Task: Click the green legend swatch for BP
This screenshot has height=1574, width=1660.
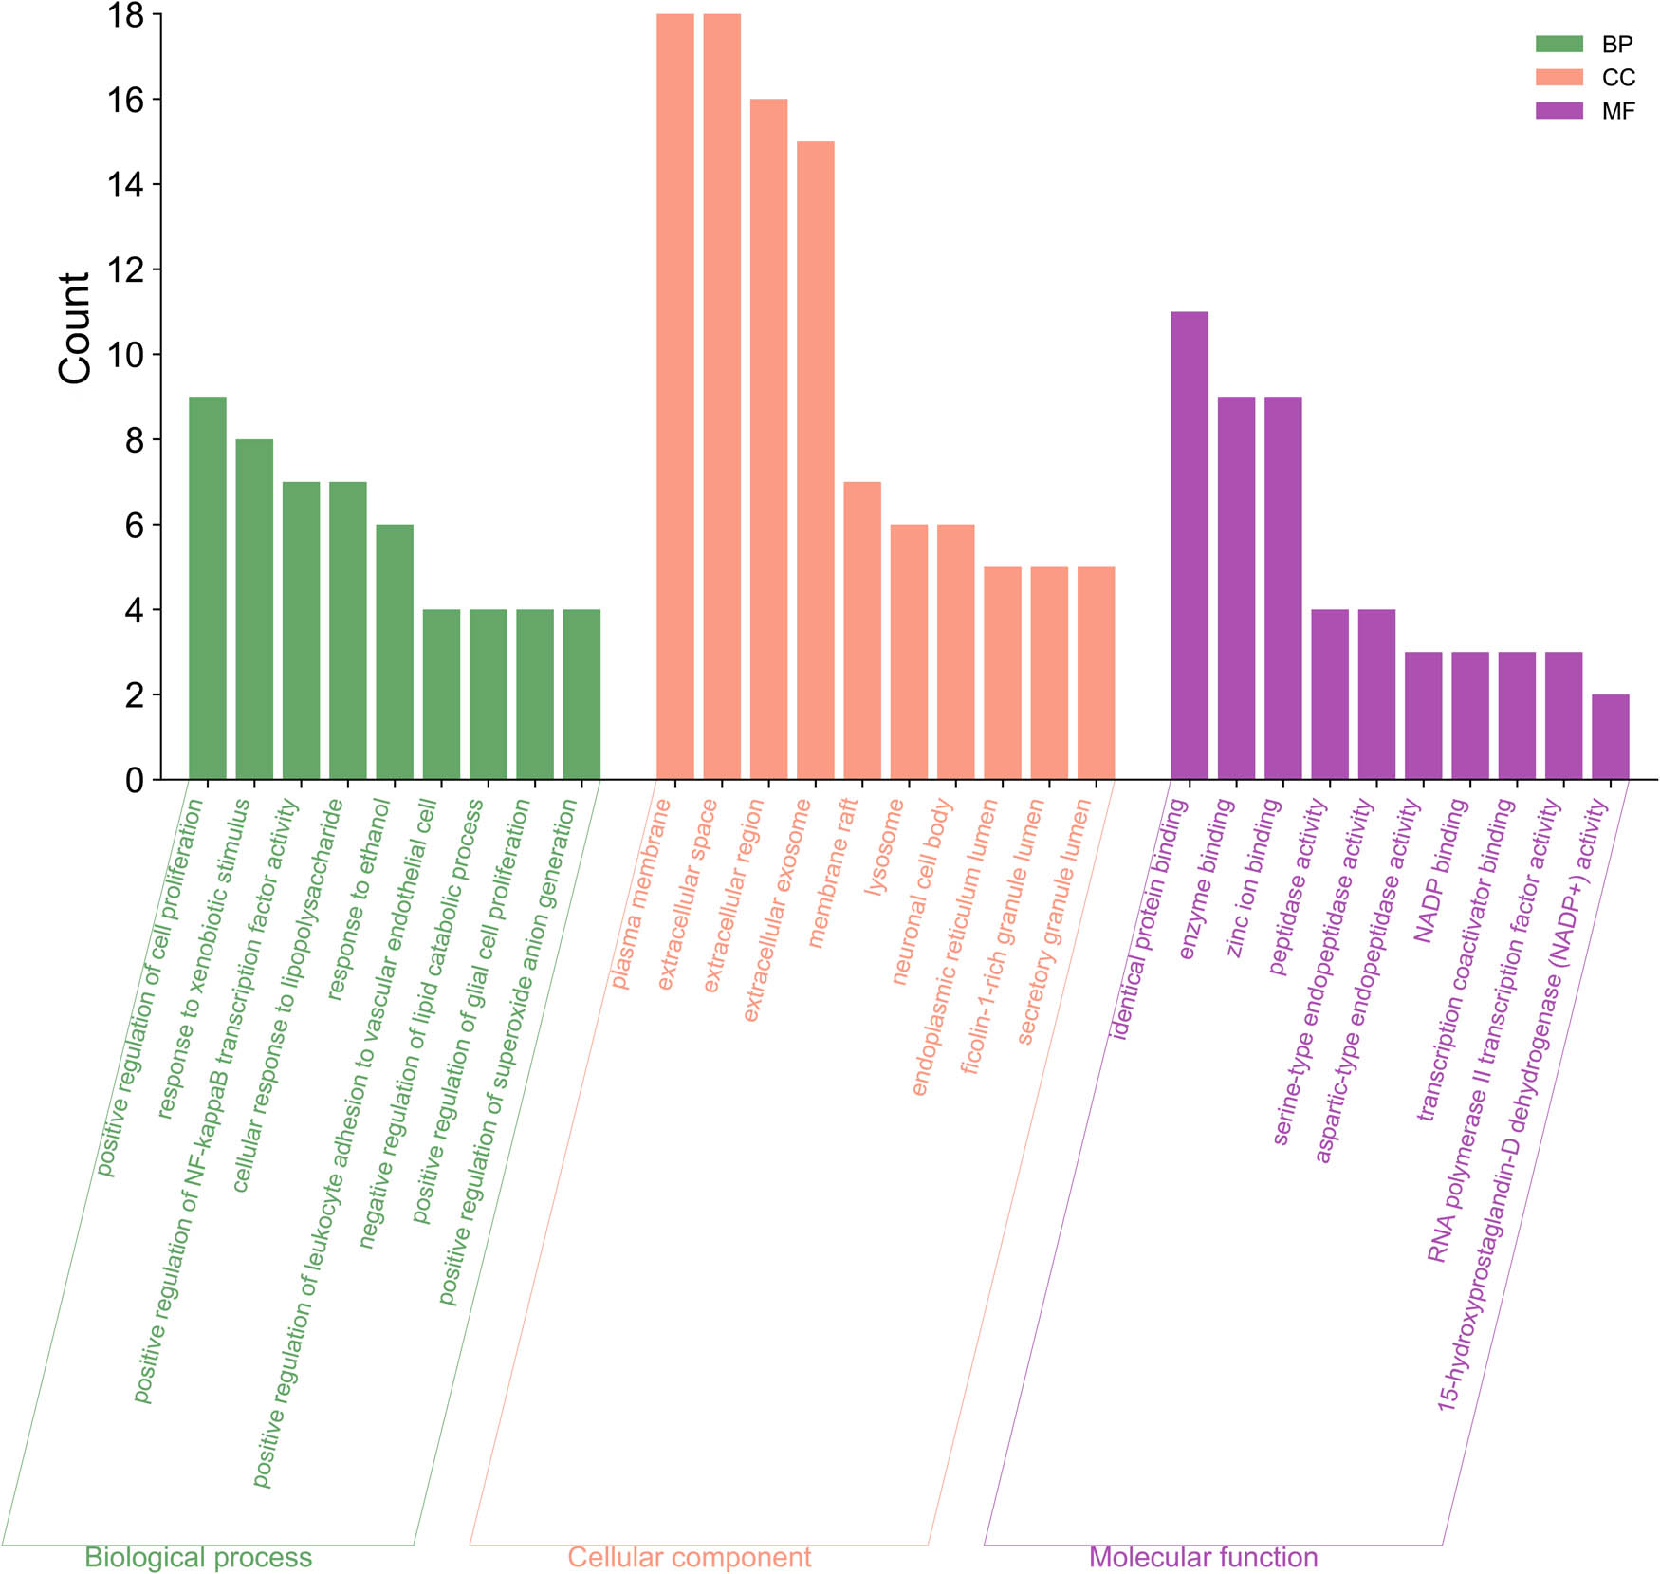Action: (1559, 44)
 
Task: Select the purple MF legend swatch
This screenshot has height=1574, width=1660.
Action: (1559, 110)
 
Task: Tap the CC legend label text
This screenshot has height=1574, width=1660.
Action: (1618, 78)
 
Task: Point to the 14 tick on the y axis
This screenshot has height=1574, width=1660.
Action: (127, 185)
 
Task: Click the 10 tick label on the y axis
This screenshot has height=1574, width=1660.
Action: (127, 356)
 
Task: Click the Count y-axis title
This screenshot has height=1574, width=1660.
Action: (74, 328)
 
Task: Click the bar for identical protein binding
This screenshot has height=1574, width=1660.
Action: (1189, 546)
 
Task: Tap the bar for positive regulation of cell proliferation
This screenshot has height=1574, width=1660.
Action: (208, 588)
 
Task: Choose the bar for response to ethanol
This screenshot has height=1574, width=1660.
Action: (395, 652)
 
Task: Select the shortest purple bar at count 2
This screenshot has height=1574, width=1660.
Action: (1610, 737)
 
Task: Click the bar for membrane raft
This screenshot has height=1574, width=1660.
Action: (862, 631)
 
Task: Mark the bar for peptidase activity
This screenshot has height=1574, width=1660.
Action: (1329, 694)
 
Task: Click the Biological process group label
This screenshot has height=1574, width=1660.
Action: (198, 1557)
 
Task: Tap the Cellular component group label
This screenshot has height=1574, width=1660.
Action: (690, 1557)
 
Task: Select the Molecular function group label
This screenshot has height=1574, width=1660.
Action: (1203, 1557)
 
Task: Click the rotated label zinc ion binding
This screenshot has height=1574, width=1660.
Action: (1254, 878)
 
